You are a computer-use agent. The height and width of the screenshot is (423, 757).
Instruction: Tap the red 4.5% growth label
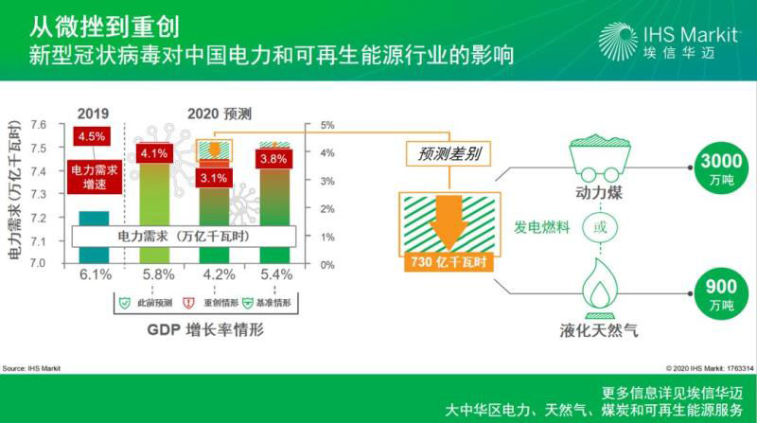point(92,135)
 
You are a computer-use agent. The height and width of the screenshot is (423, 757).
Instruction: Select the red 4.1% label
point(153,153)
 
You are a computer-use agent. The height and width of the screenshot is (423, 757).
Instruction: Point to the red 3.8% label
point(273,159)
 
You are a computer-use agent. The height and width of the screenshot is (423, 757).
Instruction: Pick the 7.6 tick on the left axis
point(39,125)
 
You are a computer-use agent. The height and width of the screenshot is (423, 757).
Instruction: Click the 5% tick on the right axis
point(327,125)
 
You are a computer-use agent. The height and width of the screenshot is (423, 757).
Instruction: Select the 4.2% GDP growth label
point(215,275)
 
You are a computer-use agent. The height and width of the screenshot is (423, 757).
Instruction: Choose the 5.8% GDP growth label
point(153,275)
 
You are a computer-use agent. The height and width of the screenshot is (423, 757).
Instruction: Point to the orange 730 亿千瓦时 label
point(448,261)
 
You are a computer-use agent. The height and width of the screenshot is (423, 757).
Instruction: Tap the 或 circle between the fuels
point(597,228)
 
